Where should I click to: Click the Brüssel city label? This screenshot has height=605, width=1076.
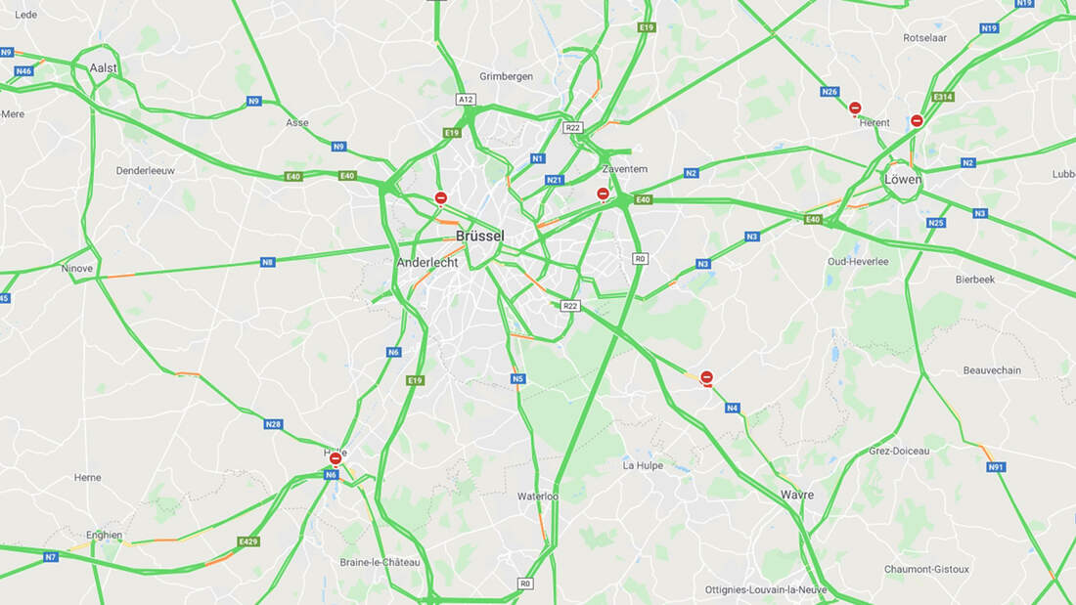tap(480, 236)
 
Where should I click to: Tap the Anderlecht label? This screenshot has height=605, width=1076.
tap(427, 263)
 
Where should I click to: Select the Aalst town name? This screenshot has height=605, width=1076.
tap(103, 68)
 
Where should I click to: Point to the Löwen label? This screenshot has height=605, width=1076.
tap(903, 180)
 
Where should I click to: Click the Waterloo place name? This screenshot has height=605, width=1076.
tap(537, 497)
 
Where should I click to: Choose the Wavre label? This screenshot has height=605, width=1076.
tap(797, 495)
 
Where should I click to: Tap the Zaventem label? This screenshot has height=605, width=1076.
tap(625, 169)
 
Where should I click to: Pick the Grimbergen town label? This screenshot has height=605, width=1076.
tap(506, 76)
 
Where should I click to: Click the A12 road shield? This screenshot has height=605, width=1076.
tap(466, 100)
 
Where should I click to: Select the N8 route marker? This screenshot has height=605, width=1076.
tap(268, 262)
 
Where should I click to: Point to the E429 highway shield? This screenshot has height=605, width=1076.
tap(248, 541)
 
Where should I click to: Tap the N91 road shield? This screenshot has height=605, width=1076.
tap(996, 467)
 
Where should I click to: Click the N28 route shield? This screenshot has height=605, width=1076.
tap(273, 424)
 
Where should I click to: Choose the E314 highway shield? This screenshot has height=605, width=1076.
tap(943, 97)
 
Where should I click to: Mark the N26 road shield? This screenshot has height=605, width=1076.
tap(829, 92)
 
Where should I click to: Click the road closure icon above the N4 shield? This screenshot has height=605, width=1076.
tap(707, 377)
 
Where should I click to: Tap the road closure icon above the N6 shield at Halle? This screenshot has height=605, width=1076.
tap(336, 458)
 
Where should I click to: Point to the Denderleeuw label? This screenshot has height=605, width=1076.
tap(146, 170)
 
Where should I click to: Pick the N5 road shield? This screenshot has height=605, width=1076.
tap(518, 379)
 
